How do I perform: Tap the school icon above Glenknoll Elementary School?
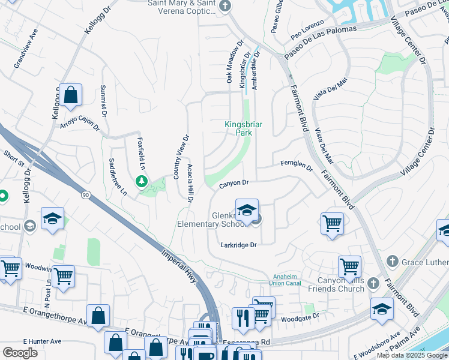[246, 210]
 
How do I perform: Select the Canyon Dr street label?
[234, 182]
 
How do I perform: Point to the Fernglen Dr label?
[297, 164]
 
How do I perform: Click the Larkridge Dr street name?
[238, 245]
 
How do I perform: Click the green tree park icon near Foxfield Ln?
[142, 181]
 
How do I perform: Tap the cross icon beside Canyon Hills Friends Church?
[373, 283]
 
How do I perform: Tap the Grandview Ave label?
[26, 46]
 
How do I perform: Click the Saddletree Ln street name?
[118, 177]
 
